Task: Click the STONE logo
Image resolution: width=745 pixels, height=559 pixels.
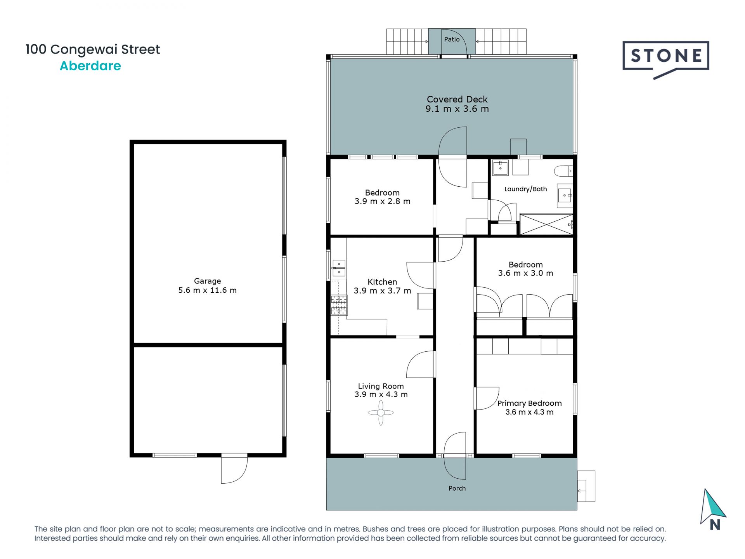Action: click(666, 57)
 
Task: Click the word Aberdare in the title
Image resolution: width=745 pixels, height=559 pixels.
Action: click(90, 66)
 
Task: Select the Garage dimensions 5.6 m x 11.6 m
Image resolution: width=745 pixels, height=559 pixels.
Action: click(207, 290)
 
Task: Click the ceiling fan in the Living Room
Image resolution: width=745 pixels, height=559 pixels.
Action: click(381, 413)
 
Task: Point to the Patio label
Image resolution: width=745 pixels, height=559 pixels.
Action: click(452, 39)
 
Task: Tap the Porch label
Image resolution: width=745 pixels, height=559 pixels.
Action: click(457, 488)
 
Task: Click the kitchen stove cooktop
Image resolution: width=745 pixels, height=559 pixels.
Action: click(339, 305)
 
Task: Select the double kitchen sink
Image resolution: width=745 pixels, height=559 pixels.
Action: click(339, 268)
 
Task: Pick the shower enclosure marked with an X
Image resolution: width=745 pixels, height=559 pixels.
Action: click(546, 224)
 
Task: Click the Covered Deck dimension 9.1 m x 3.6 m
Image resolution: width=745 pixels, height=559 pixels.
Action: click(457, 109)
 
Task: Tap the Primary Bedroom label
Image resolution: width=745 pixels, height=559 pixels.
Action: click(529, 403)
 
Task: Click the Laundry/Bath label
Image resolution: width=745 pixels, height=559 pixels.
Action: click(525, 189)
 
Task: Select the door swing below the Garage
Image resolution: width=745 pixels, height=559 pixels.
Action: click(234, 470)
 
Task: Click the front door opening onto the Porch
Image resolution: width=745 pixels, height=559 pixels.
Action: click(455, 456)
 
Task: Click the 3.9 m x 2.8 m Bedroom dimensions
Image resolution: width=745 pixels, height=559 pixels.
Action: click(382, 201)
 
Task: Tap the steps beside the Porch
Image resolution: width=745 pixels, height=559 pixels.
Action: click(586, 487)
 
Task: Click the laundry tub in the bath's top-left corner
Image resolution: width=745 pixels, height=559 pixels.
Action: click(500, 168)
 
